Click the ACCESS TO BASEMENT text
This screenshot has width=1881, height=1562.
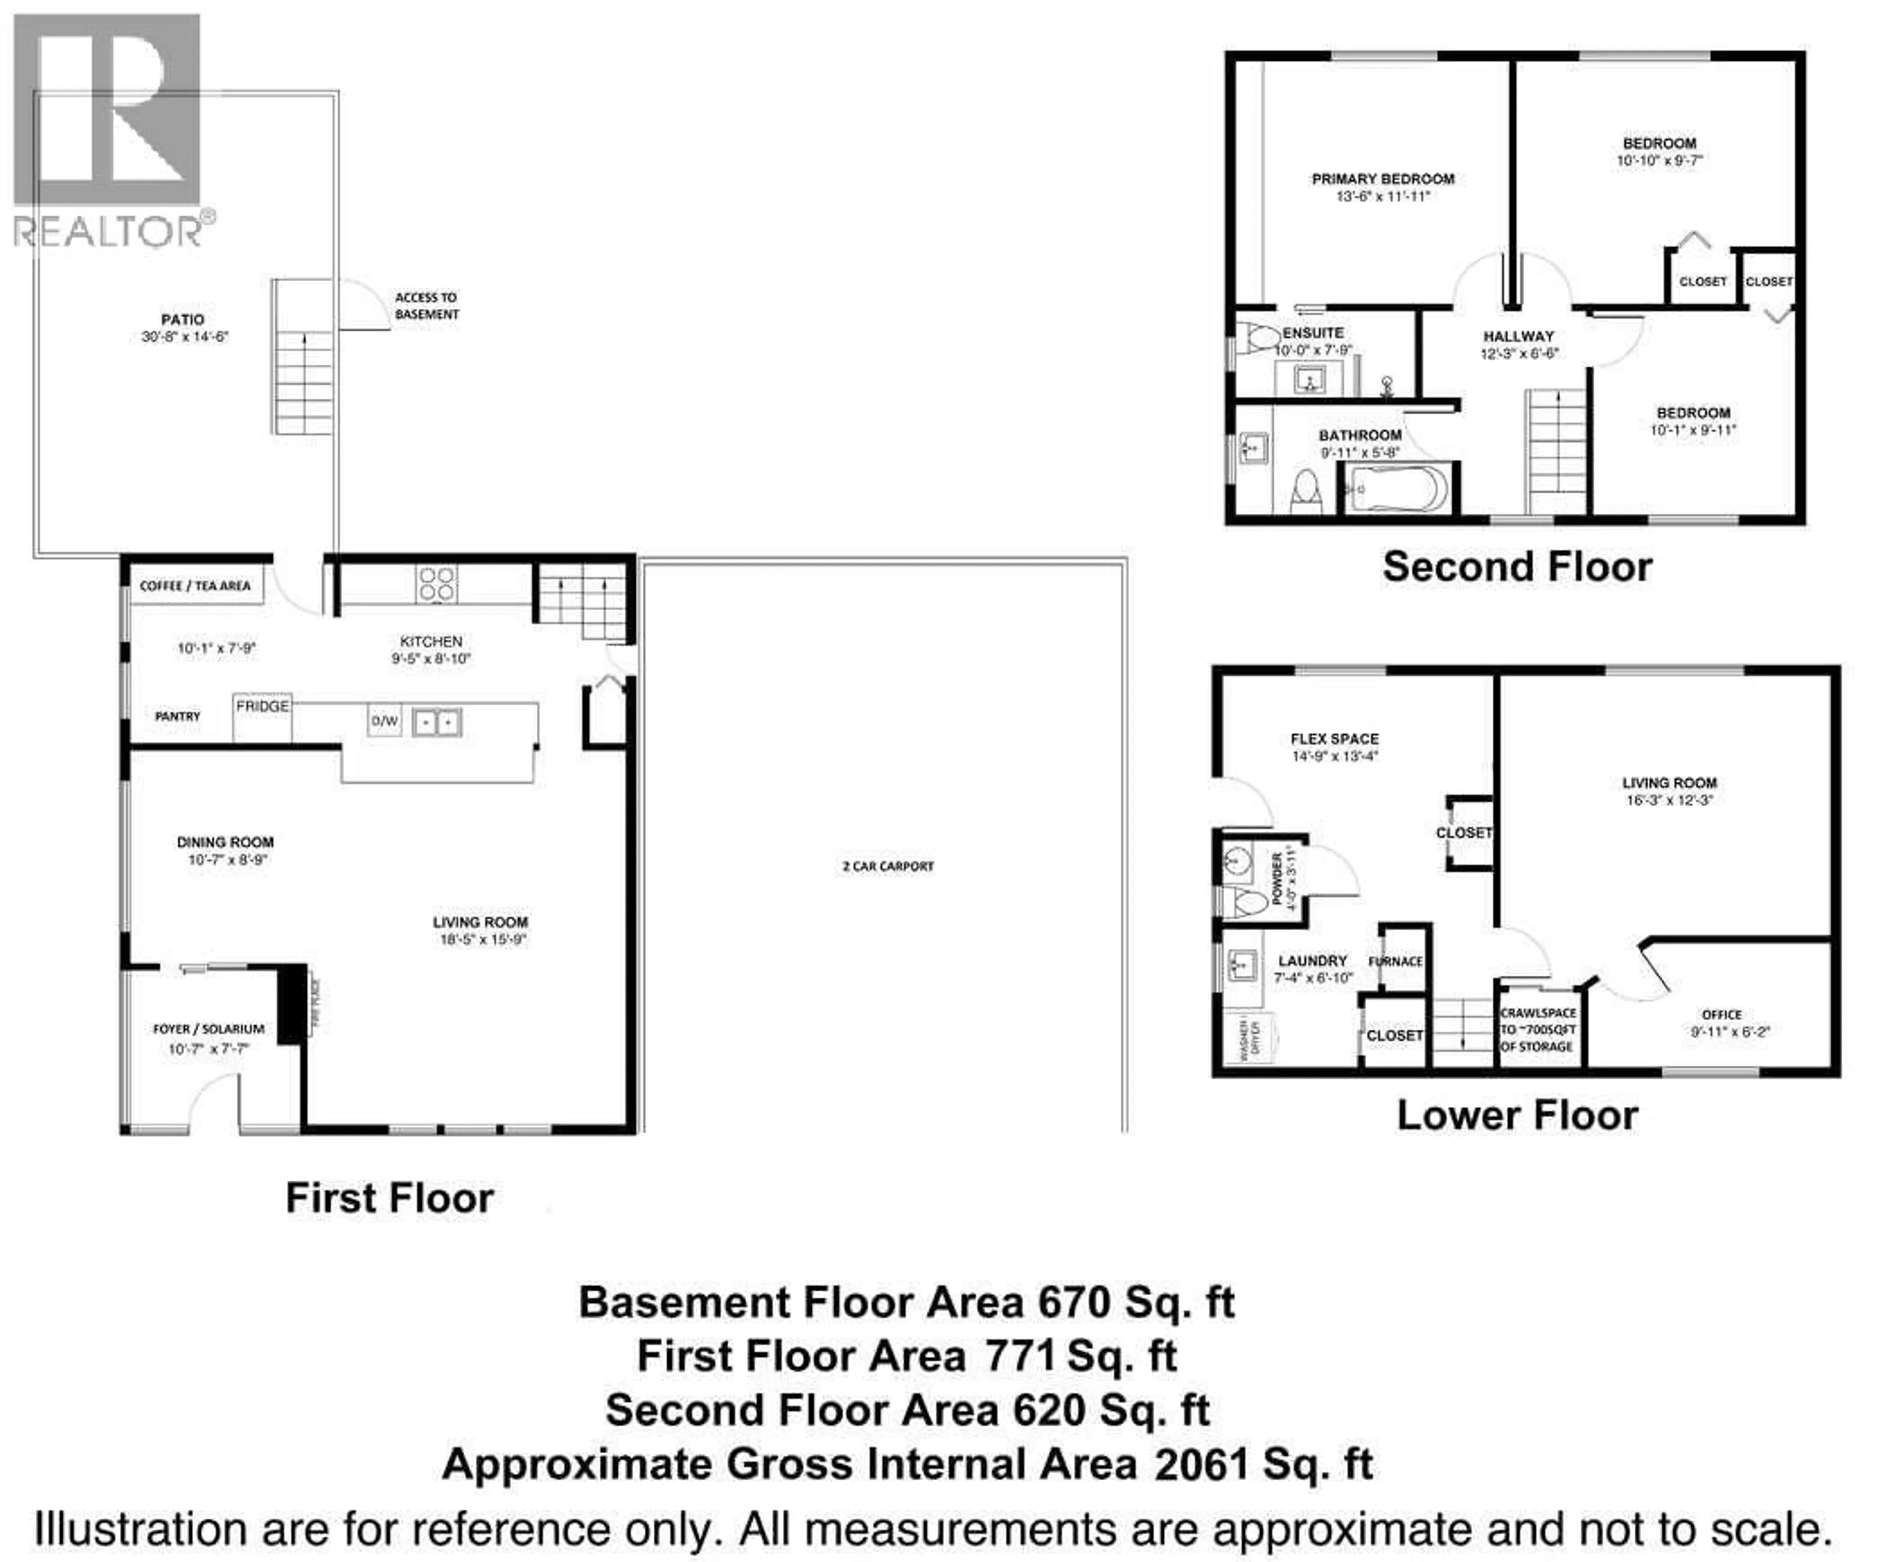point(426,306)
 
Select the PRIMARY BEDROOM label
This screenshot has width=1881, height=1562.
point(1383,179)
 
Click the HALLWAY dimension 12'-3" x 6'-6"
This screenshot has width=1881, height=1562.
point(1519,354)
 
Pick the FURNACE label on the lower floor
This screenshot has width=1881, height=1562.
point(1396,962)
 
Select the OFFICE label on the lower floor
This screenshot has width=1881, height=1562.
point(1722,1015)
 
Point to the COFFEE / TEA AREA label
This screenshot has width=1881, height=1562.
point(195,586)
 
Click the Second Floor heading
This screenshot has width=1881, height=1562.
point(1518,567)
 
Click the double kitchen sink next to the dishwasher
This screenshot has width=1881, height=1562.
point(436,722)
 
